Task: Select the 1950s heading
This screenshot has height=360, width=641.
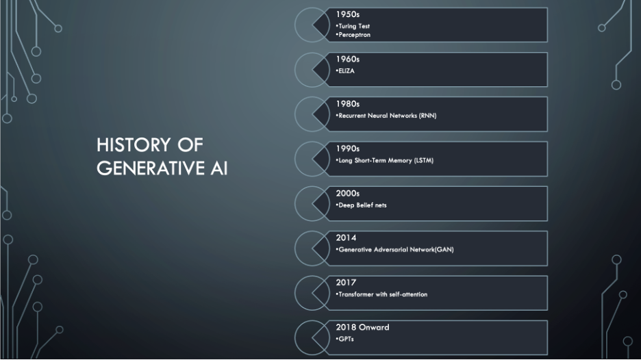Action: click(x=347, y=14)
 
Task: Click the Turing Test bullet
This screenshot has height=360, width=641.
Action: click(x=354, y=26)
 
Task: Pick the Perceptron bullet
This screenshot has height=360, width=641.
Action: click(x=354, y=34)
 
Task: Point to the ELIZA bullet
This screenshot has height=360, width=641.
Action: click(x=346, y=70)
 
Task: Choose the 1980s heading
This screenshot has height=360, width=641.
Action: click(x=347, y=103)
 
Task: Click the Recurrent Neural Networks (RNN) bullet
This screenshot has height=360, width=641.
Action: click(x=387, y=116)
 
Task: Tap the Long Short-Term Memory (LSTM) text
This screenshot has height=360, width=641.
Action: click(x=386, y=160)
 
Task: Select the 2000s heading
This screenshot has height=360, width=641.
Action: click(x=347, y=193)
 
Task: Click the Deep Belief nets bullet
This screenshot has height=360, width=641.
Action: click(x=362, y=205)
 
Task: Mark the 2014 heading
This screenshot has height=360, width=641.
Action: click(x=346, y=237)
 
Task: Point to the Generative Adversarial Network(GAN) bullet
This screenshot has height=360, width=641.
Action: click(x=395, y=250)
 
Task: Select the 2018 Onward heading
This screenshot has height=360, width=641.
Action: click(x=362, y=327)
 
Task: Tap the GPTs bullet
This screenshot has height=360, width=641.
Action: click(x=344, y=339)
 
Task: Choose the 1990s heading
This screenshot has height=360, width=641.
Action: click(x=347, y=148)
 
